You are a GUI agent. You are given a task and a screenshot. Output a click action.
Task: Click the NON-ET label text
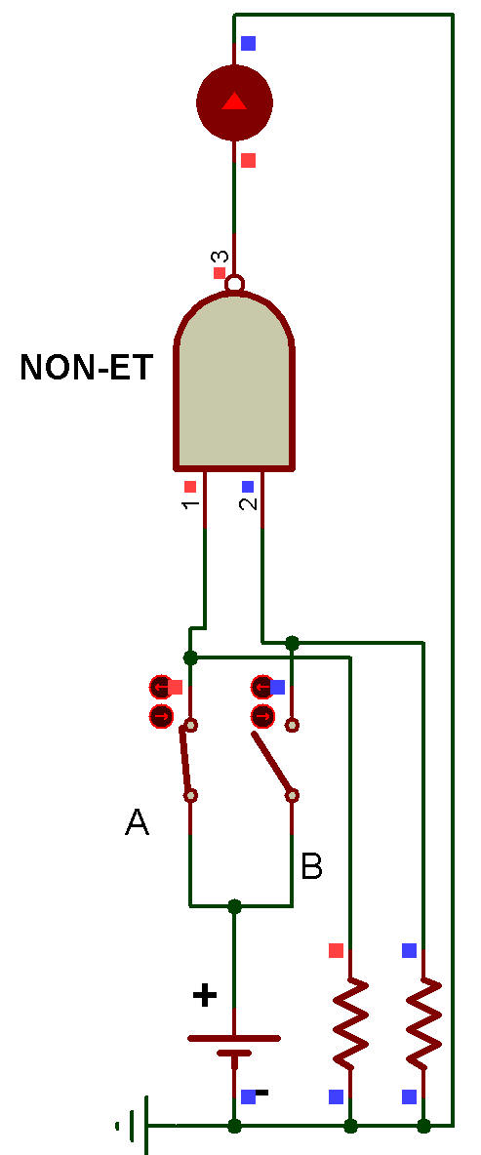pos(86,367)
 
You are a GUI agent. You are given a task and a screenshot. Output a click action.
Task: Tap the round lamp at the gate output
pos(234,101)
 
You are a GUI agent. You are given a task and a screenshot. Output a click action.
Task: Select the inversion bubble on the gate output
pos(234,283)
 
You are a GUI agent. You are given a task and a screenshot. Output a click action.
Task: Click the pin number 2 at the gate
pos(249,503)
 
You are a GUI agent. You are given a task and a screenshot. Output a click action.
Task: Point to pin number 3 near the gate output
pos(220,258)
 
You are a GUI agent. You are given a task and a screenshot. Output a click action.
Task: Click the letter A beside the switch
pos(137,822)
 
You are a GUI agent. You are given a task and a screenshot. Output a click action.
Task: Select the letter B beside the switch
pos(311,866)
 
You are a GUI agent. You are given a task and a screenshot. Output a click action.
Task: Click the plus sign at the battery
pos(205,996)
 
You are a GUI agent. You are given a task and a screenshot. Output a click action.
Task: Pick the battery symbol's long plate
pos(234,1039)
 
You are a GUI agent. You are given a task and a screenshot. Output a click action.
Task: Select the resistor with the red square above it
pos(350,1024)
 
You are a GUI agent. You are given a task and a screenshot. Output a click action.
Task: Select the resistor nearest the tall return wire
pos(423,1024)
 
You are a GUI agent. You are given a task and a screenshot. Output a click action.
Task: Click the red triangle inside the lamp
pos(234,100)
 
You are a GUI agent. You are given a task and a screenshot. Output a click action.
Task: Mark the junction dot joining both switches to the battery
pos(234,905)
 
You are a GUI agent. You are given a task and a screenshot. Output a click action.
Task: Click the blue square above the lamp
pos(248,43)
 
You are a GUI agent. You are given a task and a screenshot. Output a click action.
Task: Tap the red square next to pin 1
pos(190,486)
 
